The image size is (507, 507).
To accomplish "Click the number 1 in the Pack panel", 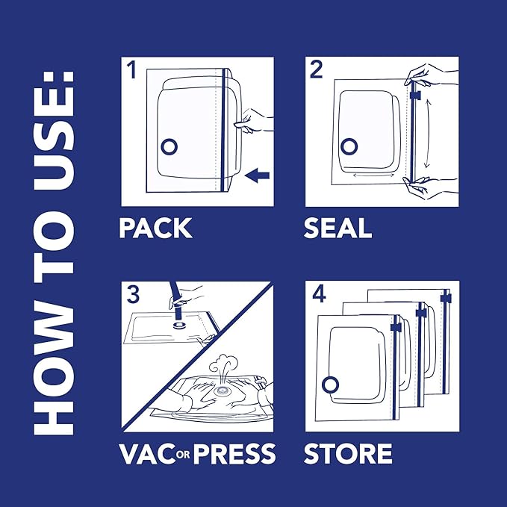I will coord(132,72).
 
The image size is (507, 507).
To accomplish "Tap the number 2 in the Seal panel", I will coord(317,72).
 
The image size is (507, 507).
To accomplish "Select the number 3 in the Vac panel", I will coord(133,293).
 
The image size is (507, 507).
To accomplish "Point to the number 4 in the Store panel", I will coord(319,294).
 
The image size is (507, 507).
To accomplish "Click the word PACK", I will coord(155,228).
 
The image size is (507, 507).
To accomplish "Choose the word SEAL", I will coord(338,228).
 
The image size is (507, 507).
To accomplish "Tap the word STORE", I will coord(348,453).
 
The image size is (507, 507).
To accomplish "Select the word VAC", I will coord(145,453).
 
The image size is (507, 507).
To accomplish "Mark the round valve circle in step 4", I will coord(329,384).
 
